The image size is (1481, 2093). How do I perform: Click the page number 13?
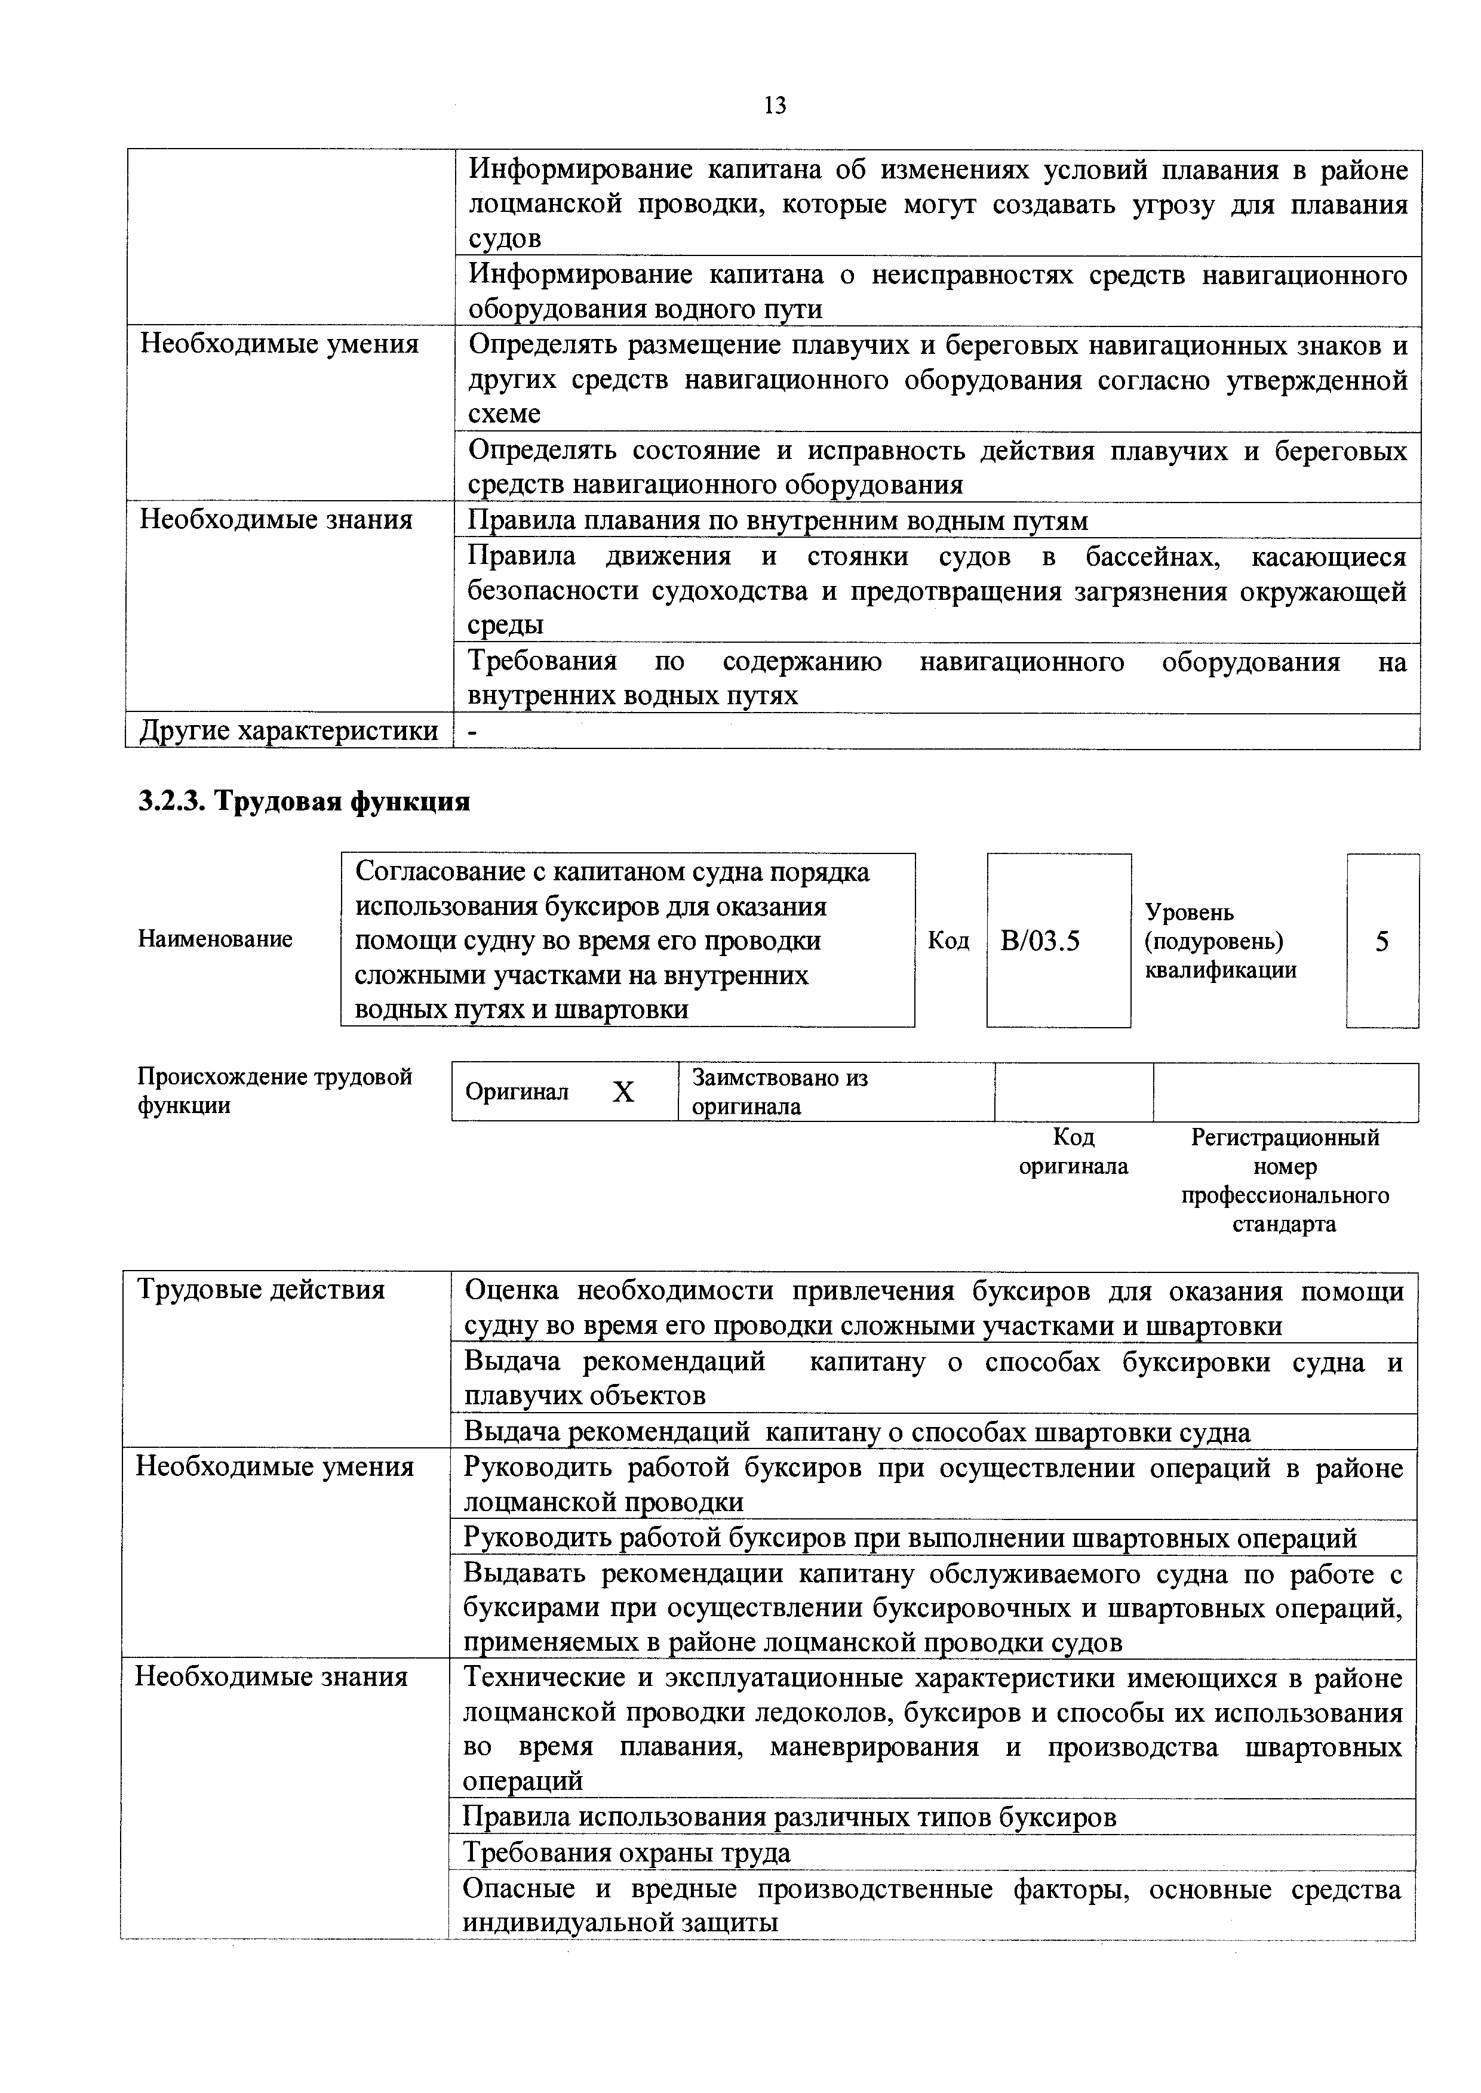coord(775,106)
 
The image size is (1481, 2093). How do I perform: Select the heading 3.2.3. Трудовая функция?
coord(304,802)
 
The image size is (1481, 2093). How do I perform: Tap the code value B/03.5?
coord(1040,941)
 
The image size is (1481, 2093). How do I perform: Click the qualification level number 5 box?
coord(1382,941)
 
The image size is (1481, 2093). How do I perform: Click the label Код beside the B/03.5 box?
coord(948,940)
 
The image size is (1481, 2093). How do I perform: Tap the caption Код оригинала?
coord(1073,1151)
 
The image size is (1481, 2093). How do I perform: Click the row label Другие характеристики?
coord(288,731)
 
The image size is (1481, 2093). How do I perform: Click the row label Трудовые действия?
coord(261,1290)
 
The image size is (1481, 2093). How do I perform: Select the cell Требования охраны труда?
coord(628,1852)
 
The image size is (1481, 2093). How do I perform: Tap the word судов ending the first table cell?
coord(504,239)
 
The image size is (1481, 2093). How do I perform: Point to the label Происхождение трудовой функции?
coord(275,1091)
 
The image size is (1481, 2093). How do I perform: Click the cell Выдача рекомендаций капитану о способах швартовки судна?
coord(856,1432)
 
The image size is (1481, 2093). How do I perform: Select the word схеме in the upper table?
coord(504,414)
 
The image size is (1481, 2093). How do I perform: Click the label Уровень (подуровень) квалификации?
coord(1220,941)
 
